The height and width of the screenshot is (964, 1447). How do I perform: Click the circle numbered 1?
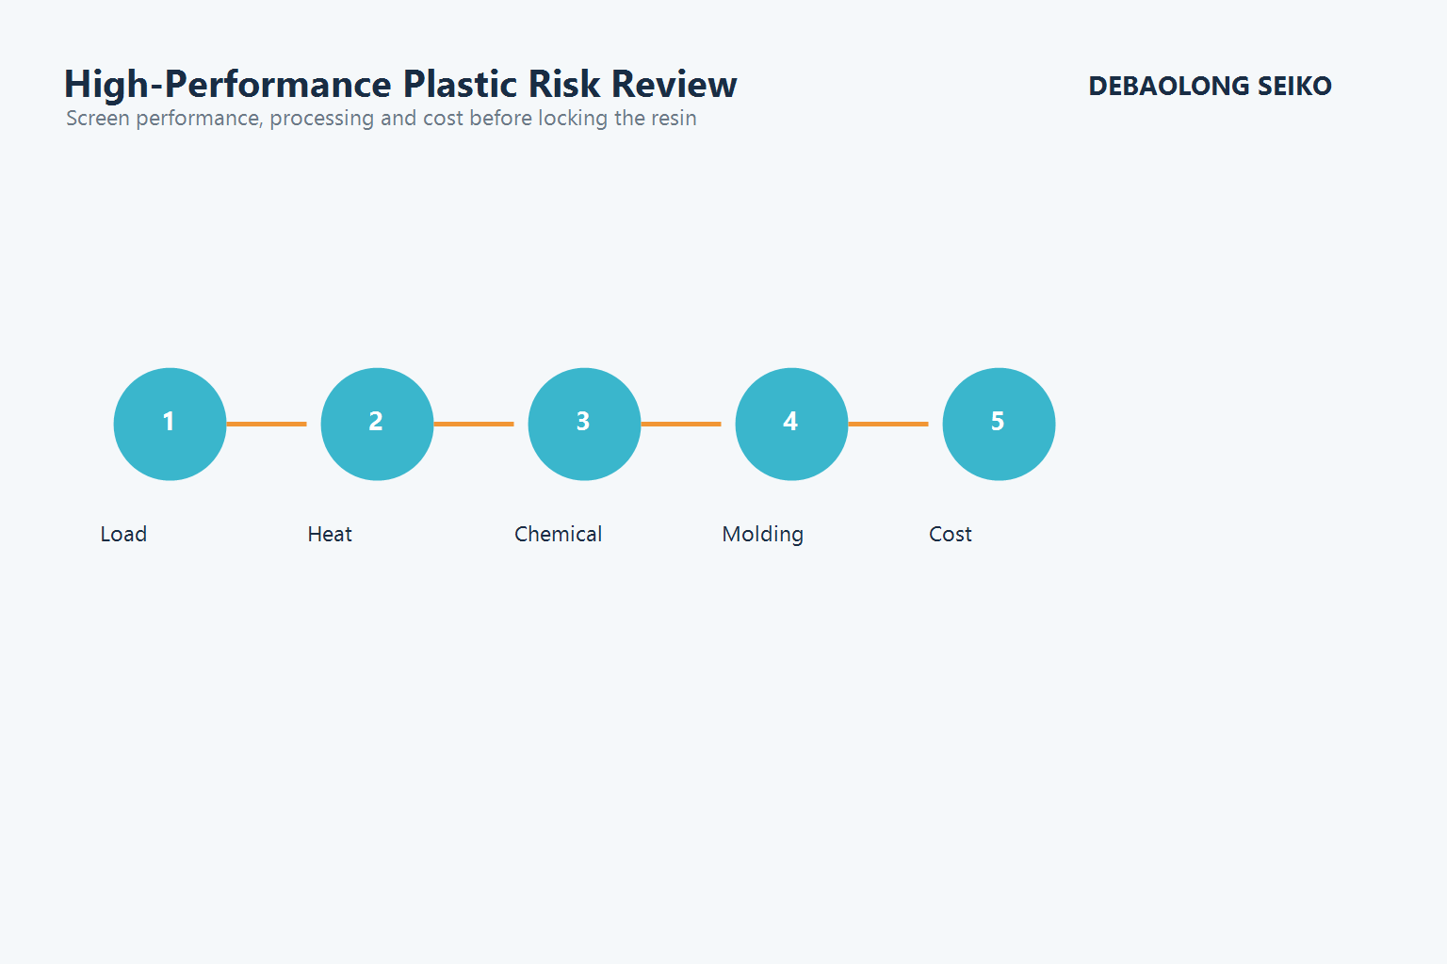click(170, 424)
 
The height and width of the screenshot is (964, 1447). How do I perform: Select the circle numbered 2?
click(377, 424)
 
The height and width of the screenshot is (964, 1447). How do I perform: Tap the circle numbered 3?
click(584, 424)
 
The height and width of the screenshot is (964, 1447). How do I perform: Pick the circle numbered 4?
click(791, 424)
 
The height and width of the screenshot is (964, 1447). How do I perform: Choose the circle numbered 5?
click(999, 424)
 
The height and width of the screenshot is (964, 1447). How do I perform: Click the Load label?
click(123, 534)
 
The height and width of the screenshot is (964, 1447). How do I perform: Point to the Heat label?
click(330, 534)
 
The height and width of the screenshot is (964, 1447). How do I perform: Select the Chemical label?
click(558, 534)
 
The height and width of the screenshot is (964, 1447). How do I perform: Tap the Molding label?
click(762, 535)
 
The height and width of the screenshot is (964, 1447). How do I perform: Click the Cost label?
click(950, 534)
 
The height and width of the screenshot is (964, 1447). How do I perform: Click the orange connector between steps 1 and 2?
click(267, 424)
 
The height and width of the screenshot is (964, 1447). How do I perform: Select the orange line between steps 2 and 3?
click(474, 424)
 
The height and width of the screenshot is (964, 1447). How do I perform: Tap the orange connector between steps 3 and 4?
click(681, 424)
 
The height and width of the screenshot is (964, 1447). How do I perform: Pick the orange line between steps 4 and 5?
click(888, 424)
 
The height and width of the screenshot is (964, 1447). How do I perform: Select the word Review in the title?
click(674, 85)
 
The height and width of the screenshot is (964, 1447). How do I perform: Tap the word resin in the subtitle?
click(674, 119)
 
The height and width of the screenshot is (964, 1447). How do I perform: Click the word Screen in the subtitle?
click(98, 119)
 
